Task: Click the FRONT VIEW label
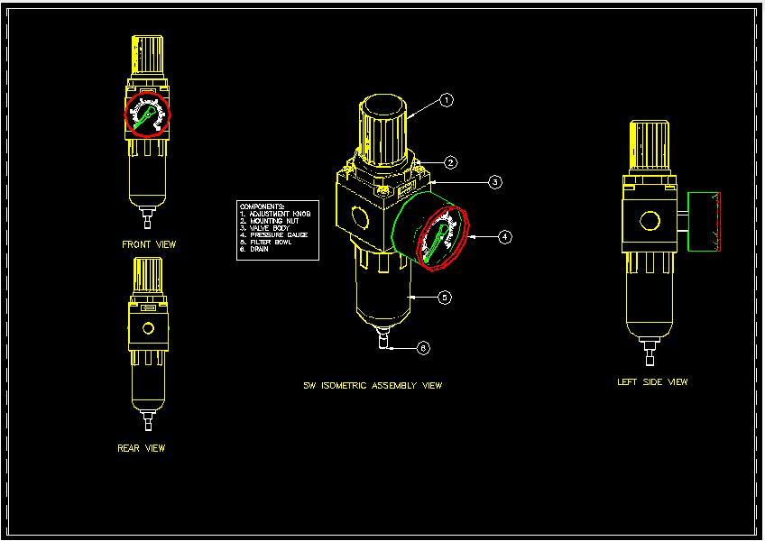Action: click(149, 244)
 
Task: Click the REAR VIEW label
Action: click(142, 448)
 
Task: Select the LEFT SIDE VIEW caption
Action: click(652, 382)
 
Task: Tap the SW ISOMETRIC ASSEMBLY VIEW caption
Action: click(373, 386)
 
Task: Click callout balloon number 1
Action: click(447, 101)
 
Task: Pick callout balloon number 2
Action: click(450, 163)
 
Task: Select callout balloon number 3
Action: click(495, 182)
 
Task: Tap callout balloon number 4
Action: click(504, 237)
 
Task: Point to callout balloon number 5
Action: click(445, 298)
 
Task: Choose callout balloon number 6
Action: click(424, 348)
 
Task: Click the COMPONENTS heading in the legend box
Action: click(263, 206)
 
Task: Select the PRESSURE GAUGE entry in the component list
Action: click(277, 235)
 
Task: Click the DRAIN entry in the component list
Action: click(256, 250)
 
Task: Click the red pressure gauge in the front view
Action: click(147, 115)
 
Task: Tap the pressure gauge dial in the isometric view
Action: click(443, 238)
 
